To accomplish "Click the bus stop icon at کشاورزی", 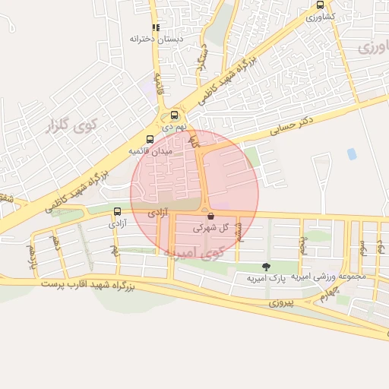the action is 320,5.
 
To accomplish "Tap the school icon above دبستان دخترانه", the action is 156,27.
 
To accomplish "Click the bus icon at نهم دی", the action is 175,115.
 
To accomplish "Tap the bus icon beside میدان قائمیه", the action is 150,139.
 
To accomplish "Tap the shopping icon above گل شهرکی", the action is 210,216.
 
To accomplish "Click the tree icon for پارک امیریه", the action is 265,266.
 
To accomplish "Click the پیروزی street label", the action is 284,302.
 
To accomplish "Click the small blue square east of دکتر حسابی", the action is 352,153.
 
